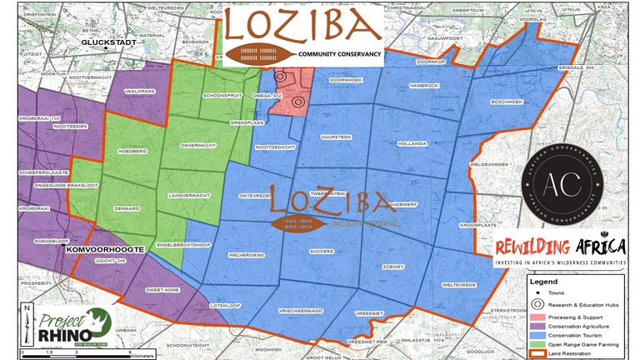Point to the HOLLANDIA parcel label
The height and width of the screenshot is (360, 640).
pyautogui.click(x=412, y=143)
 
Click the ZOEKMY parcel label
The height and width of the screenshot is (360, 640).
pyautogui.click(x=392, y=266)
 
